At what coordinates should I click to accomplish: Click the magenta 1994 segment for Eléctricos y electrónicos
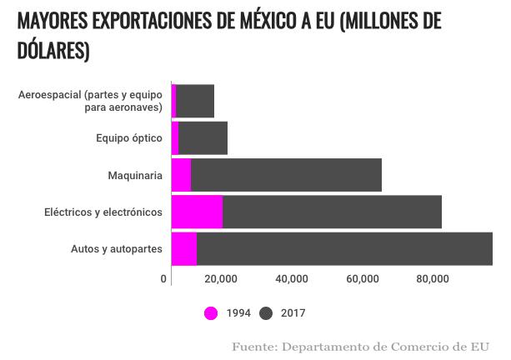coord(197,212)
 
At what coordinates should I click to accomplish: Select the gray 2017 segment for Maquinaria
coord(286,175)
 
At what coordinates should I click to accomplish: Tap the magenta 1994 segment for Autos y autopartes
coord(183,249)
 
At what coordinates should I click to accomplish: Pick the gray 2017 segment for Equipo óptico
coord(203,137)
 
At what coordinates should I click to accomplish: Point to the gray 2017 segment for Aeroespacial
coord(195,101)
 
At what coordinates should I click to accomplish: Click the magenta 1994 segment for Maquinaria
coord(181,175)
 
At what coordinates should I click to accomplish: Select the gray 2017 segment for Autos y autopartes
coord(344,249)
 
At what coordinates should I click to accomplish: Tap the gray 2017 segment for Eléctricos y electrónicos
coord(332,212)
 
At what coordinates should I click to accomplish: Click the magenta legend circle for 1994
coord(211,313)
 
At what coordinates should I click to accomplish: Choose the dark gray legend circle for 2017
coord(267,313)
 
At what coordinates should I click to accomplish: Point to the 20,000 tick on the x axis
coord(222,278)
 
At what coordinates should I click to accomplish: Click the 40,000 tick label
coord(292,278)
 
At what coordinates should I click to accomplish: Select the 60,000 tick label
coord(362,278)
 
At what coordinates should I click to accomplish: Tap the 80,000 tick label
coord(432,278)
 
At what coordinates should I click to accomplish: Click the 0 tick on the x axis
coord(164,278)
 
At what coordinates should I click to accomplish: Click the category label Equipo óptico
coord(128,137)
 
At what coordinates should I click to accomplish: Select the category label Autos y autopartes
coord(116,249)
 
